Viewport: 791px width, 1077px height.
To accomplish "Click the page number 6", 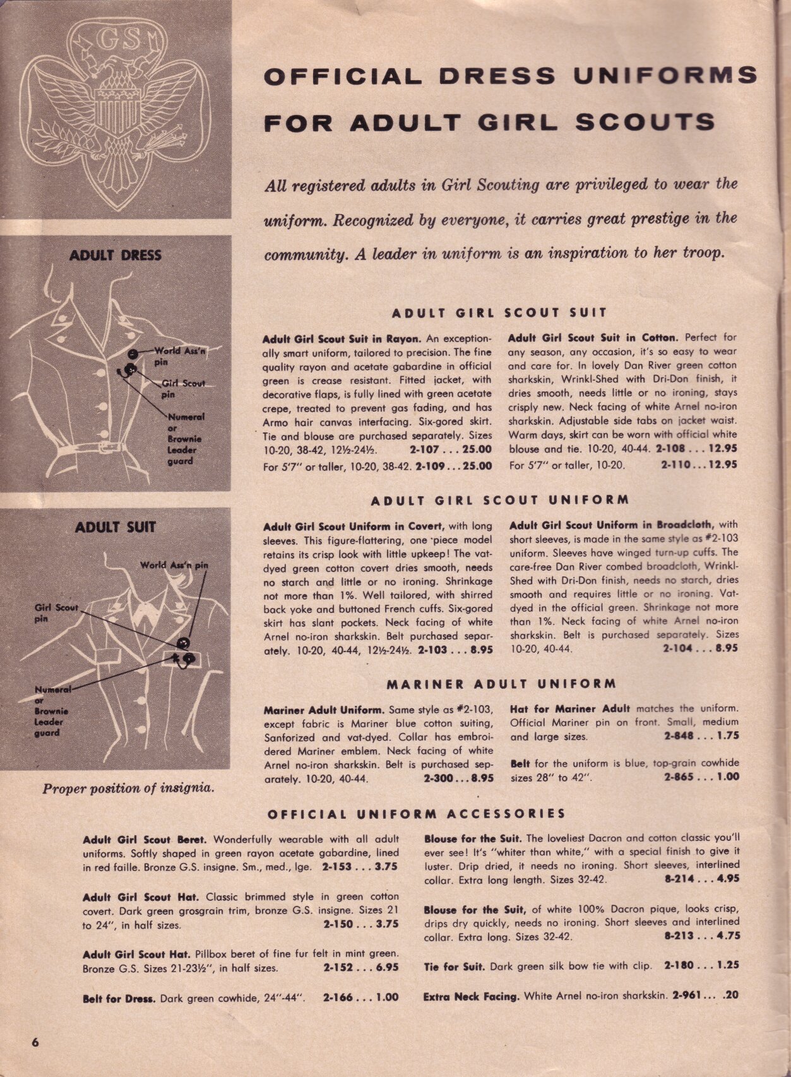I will [x=35, y=1042].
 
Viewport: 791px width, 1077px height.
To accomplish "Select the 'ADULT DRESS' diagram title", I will [x=115, y=256].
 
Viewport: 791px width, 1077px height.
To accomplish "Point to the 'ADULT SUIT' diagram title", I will [x=115, y=527].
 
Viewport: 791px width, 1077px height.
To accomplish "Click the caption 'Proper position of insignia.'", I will [x=128, y=788].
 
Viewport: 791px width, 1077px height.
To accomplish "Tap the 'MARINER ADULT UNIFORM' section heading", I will [x=501, y=684].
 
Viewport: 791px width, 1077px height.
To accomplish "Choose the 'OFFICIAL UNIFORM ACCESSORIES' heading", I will [x=417, y=814].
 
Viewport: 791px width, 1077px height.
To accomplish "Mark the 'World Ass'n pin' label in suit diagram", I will [x=174, y=565].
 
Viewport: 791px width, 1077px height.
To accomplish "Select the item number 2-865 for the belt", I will [x=684, y=777].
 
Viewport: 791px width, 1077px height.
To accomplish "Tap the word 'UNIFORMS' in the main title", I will [x=665, y=75].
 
